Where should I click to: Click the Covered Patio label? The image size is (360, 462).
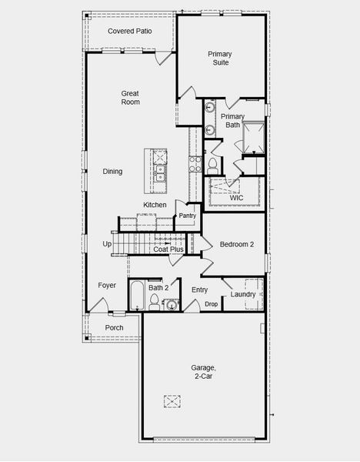[x=129, y=31]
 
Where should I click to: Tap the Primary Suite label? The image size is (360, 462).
[x=221, y=58]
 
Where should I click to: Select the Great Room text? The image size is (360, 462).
[x=130, y=97]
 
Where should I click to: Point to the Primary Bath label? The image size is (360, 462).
[x=232, y=120]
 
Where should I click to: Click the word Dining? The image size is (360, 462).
[x=112, y=171]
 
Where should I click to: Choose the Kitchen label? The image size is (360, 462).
[x=155, y=204]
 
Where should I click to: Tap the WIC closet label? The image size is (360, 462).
[x=236, y=198]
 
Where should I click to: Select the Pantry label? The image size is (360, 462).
[x=188, y=216]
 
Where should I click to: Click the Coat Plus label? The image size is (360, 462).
[x=168, y=249]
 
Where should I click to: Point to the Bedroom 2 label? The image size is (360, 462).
[x=237, y=244]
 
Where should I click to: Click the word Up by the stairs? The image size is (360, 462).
[x=107, y=244]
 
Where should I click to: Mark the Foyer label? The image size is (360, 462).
[x=107, y=285]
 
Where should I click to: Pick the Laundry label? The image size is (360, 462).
[x=243, y=294]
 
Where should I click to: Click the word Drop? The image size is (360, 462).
[x=212, y=304]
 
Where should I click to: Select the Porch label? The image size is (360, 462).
[x=114, y=327]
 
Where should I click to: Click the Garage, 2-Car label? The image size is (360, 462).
[x=204, y=372]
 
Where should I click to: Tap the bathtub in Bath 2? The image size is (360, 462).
[x=137, y=296]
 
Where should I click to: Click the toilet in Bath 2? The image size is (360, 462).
[x=154, y=300]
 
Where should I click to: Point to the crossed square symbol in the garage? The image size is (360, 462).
[x=172, y=400]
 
